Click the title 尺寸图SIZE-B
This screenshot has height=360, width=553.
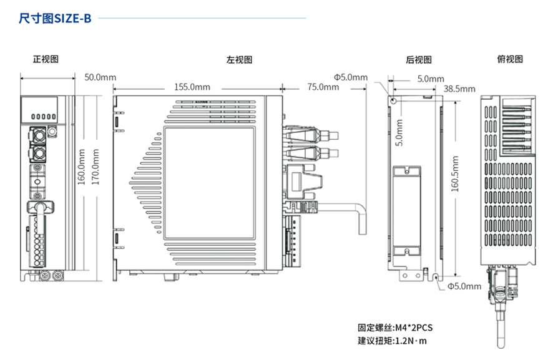55,18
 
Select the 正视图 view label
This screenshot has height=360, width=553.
46,60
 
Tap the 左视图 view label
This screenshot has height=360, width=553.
239,60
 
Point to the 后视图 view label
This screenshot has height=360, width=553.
419,60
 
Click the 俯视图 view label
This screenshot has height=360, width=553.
510,60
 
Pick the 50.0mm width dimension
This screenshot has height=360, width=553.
100,77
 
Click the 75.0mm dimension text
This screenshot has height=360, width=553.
323,87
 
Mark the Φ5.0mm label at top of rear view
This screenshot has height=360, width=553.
351,77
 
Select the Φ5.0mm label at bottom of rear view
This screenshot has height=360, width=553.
465,286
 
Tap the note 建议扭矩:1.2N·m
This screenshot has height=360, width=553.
392,341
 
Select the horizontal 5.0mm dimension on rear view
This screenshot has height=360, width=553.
430,79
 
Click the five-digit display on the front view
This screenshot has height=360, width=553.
42,115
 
